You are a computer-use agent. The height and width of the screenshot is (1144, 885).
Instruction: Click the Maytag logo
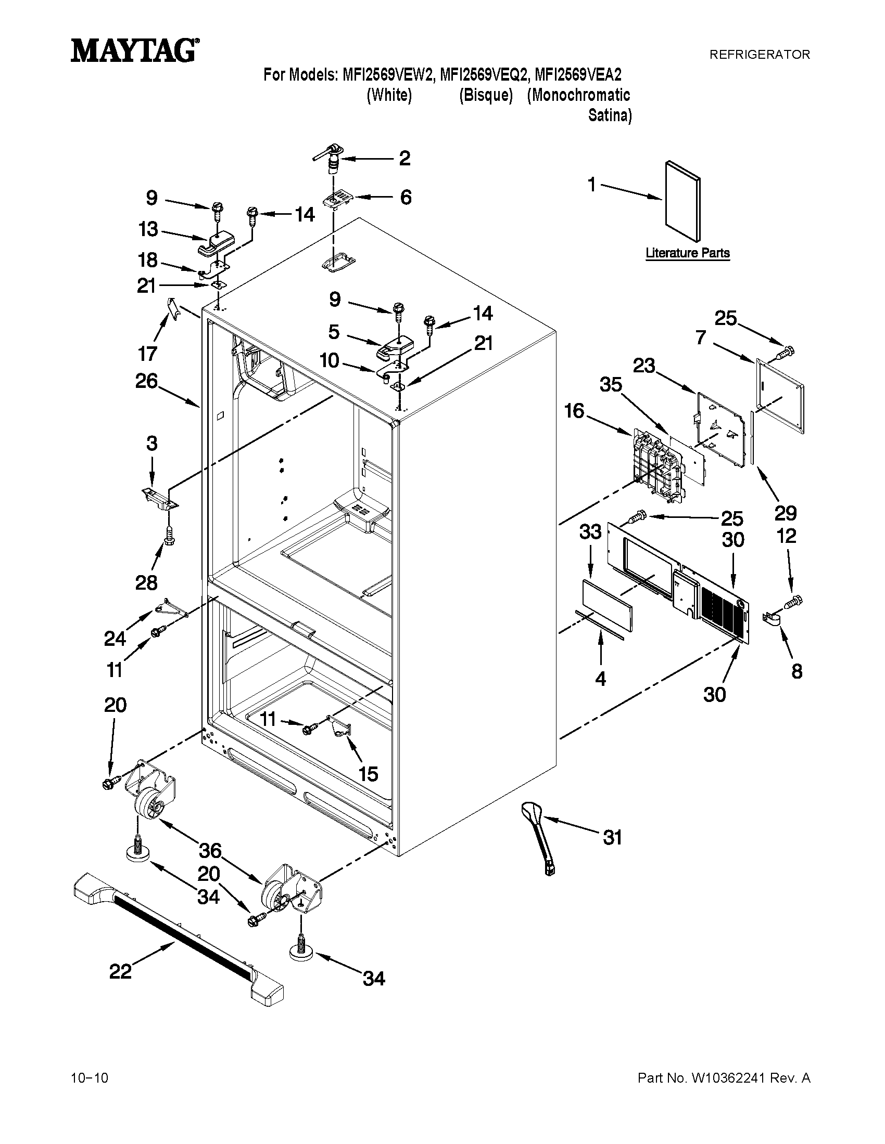tap(135, 51)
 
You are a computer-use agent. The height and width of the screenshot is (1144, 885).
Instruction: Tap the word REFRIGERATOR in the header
tap(759, 54)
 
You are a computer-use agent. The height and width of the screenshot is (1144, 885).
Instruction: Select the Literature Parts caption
tap(687, 253)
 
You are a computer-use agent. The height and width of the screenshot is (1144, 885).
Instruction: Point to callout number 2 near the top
tap(404, 158)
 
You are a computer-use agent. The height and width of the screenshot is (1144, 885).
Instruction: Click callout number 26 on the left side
tap(146, 381)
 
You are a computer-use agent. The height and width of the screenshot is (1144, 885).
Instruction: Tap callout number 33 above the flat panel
tap(590, 531)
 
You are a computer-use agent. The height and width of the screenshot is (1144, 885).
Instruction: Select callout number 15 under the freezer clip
tap(369, 773)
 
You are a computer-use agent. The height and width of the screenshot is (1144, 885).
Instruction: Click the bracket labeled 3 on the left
tap(160, 497)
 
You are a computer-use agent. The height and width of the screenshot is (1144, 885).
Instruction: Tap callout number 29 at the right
tap(786, 513)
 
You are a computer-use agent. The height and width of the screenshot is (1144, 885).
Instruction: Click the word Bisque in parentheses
tap(486, 96)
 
